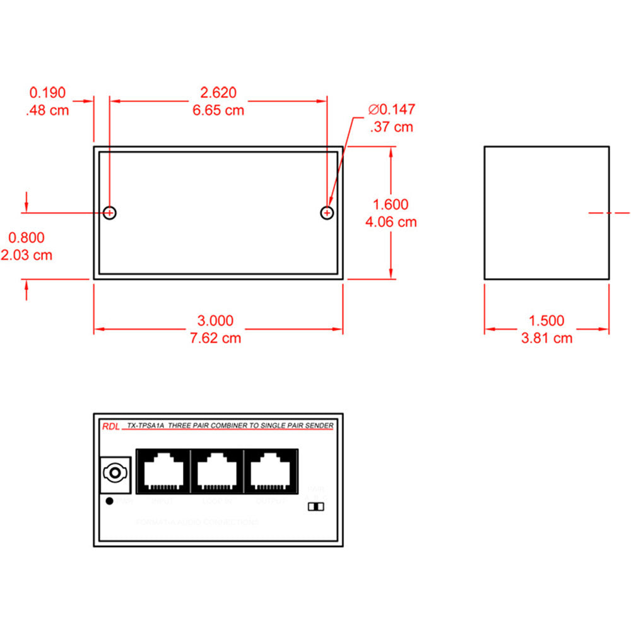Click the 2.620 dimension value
[x=218, y=93]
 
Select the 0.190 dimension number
[x=47, y=93]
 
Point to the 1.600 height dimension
[x=391, y=204]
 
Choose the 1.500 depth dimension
[x=546, y=321]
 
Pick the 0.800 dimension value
[x=26, y=238]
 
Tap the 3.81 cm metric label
[x=546, y=338]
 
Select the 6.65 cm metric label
[x=218, y=110]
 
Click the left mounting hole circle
[x=110, y=213]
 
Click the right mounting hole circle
[x=327, y=213]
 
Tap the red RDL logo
[x=109, y=427]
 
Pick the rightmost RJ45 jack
[x=271, y=471]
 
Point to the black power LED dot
[x=110, y=501]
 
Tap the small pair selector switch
[x=314, y=507]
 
